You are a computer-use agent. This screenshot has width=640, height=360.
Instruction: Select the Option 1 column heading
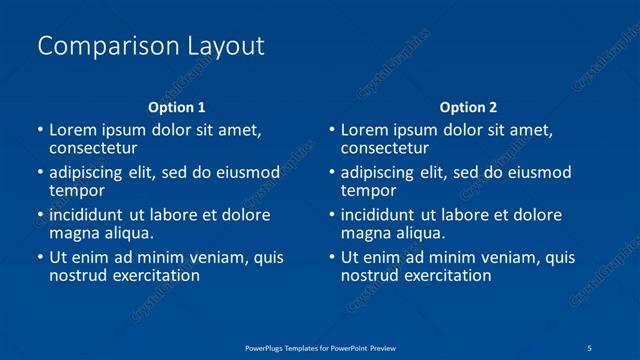coord(176,107)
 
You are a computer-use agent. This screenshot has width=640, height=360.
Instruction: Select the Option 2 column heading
coord(468,107)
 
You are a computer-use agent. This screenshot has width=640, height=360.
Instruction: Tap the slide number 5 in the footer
coord(591,346)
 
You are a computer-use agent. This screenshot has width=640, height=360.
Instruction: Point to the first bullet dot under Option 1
coord(40,130)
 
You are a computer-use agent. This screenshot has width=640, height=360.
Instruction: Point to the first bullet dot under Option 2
coord(332,130)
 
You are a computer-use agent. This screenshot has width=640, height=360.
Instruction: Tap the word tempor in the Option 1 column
coord(77,190)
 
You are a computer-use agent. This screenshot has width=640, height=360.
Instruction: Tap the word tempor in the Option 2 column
coord(369,190)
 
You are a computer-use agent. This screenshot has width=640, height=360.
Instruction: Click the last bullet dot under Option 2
coord(332,257)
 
